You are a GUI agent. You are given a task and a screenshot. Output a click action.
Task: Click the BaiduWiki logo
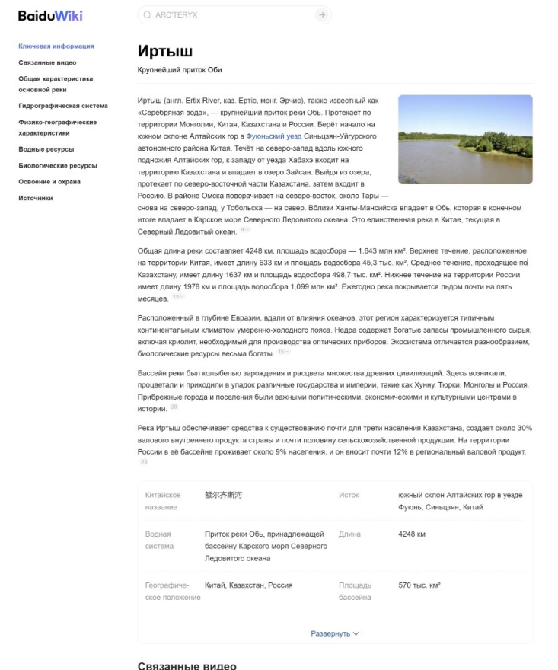pos(51,15)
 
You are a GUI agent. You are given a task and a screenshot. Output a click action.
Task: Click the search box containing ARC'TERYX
pos(228,15)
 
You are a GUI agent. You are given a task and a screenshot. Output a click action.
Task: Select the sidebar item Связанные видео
pos(47,62)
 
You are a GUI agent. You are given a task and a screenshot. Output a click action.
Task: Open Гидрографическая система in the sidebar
pos(62,106)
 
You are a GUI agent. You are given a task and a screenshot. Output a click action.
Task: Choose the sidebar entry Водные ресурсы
pos(46,149)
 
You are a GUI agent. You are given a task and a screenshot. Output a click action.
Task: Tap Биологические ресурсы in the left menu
pos(57,165)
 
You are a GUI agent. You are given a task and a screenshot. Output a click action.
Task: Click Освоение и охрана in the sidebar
pos(49,182)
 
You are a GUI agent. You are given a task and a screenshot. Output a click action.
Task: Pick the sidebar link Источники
pos(36,198)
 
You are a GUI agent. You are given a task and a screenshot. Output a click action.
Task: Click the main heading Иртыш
pos(165,52)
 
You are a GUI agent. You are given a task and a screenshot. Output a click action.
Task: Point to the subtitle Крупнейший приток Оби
pos(180,70)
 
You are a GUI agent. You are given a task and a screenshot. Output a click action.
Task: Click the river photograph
pos(465,139)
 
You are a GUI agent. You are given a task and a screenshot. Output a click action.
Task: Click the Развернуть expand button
pos(335,633)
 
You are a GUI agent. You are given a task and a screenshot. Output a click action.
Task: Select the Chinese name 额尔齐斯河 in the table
pos(223,496)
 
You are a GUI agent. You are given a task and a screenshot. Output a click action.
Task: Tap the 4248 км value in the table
pos(412,534)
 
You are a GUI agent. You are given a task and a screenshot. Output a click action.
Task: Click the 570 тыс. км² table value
pos(419,585)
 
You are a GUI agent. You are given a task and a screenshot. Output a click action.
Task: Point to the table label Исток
pos(349,496)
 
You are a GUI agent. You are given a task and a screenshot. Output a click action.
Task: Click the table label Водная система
pos(159,540)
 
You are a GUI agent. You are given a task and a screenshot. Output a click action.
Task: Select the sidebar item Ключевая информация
pos(56,46)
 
